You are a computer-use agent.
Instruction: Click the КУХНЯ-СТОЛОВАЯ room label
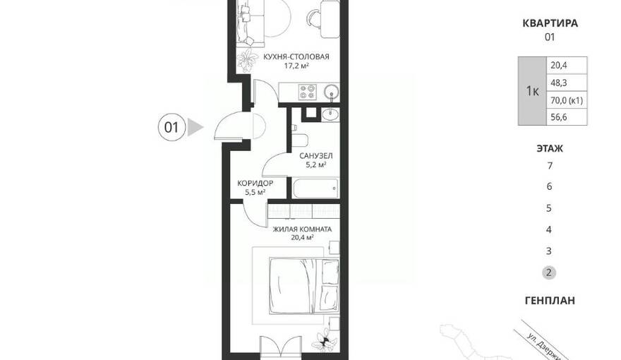click(296, 56)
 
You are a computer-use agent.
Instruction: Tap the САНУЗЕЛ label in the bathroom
click(315, 155)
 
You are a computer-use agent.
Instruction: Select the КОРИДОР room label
click(255, 184)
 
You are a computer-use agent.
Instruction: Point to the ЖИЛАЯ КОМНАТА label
click(302, 229)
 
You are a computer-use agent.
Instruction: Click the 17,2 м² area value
click(296, 66)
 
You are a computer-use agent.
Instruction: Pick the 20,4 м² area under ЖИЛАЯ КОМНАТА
click(302, 238)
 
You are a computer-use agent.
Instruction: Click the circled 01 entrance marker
click(171, 128)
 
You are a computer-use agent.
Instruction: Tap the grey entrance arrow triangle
click(195, 127)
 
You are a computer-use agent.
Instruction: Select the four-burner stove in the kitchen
click(308, 92)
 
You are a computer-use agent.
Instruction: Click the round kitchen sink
click(331, 92)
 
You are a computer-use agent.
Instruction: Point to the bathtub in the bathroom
click(315, 188)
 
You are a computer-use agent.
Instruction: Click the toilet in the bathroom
click(299, 138)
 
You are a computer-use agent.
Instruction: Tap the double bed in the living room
click(304, 286)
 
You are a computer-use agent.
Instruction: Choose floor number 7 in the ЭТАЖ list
click(550, 166)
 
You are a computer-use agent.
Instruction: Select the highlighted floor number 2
click(549, 272)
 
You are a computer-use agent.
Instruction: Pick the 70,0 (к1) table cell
click(567, 100)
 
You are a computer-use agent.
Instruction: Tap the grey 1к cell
click(532, 91)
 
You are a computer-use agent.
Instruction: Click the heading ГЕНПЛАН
click(550, 301)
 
